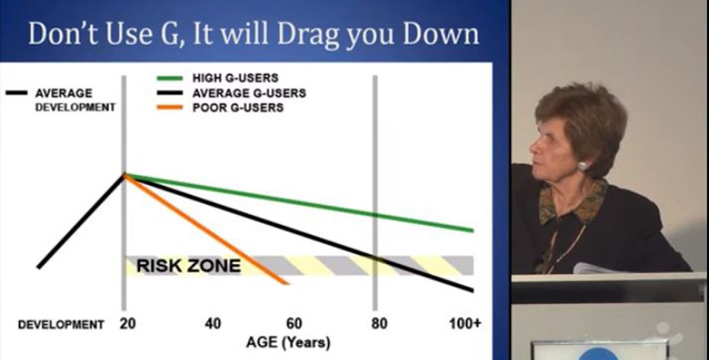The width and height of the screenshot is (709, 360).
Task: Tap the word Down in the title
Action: [x=441, y=34]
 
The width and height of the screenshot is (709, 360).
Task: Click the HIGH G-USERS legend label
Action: [x=235, y=78]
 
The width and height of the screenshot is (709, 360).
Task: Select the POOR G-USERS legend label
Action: [x=238, y=108]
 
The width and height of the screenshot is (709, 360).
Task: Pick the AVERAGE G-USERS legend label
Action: [x=249, y=93]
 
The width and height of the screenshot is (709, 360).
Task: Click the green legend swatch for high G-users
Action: [x=169, y=78]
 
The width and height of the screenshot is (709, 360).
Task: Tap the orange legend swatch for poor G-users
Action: [x=169, y=108]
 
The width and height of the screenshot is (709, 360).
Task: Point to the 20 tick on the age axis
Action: [x=128, y=324]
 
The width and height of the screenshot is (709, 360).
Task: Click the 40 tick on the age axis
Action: [x=212, y=324]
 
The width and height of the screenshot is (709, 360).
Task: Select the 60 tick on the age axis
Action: [x=294, y=324]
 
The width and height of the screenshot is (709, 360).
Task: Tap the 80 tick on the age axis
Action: [x=379, y=324]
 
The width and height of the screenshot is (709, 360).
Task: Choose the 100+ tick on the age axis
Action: [x=465, y=324]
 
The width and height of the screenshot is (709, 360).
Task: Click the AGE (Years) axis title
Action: [x=288, y=342]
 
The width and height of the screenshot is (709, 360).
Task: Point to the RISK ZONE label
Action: [x=189, y=266]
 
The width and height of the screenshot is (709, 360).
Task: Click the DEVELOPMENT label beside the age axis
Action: [x=61, y=325]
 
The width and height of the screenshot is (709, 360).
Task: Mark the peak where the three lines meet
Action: [x=124, y=175]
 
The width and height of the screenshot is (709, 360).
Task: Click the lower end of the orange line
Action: [x=287, y=283]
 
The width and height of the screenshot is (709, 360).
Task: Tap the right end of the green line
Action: [x=472, y=230]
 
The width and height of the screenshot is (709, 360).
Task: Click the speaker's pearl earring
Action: [x=583, y=166]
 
